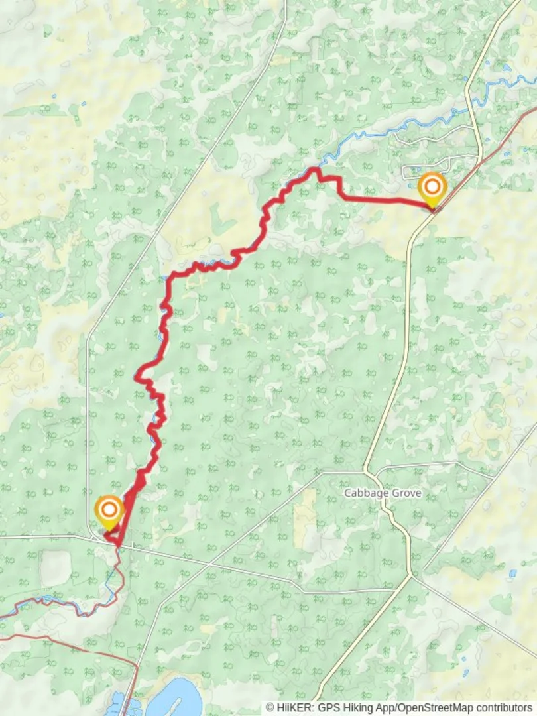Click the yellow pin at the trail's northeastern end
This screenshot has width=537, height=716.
coord(432,188)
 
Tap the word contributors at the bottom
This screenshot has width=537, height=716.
coord(506,708)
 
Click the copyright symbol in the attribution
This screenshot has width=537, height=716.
coord(270,708)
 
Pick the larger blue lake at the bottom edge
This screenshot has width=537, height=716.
coord(174,697)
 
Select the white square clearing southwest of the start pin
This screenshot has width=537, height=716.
coord(55,568)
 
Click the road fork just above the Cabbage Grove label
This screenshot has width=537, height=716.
coord(367,472)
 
